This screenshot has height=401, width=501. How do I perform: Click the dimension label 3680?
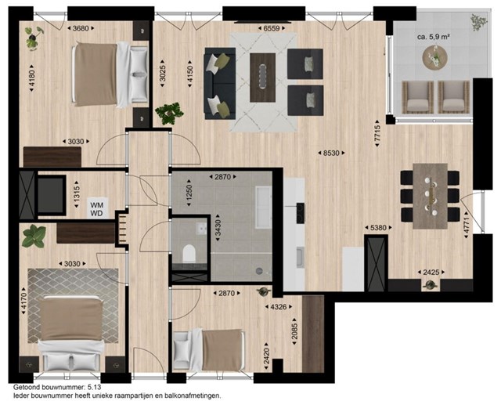point(81,28)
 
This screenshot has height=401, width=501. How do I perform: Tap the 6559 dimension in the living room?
point(272,28)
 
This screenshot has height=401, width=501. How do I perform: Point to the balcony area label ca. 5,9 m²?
point(434,37)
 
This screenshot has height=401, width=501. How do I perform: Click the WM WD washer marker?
point(97,208)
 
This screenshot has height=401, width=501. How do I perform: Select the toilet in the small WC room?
point(189,254)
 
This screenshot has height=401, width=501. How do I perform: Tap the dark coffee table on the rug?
point(263,78)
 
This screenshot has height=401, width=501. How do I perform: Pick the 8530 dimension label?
point(331,154)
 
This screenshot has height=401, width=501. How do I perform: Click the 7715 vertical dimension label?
point(377,133)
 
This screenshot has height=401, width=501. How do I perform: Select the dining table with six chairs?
point(430,196)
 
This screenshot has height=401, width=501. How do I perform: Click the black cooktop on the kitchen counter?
point(301,213)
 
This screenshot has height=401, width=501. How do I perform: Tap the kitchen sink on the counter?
point(299,257)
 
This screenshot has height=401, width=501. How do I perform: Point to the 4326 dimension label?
point(279,307)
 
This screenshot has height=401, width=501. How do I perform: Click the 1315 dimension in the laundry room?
point(77,194)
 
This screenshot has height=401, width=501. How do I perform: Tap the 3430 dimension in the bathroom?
point(218,227)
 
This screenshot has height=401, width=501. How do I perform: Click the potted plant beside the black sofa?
point(169,113)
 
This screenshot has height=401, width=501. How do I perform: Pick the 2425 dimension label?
point(431,273)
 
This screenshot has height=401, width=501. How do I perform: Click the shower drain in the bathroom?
point(259,271)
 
